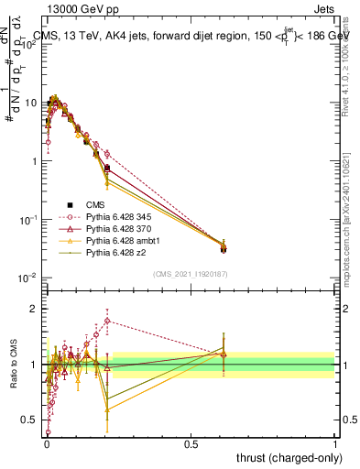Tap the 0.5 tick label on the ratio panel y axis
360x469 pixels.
(31, 420)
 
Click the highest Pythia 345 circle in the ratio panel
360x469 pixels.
(107, 321)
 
